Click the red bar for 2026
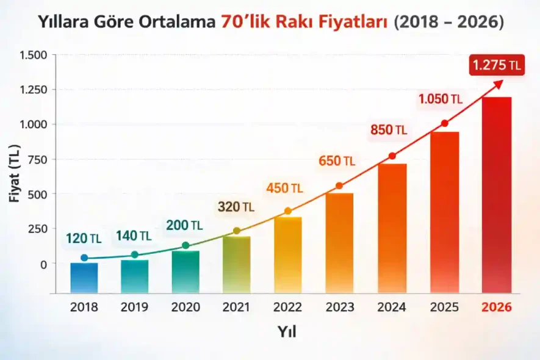pyautogui.click(x=497, y=195)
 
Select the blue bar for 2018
pyautogui.click(x=84, y=278)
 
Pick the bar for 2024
pyautogui.click(x=392, y=229)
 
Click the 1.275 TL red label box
pyautogui.click(x=496, y=66)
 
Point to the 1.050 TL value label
pyautogui.click(x=440, y=98)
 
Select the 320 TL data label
pyautogui.click(x=236, y=207)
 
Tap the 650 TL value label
pyautogui.click(x=336, y=161)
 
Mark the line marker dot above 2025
pyautogui.click(x=444, y=123)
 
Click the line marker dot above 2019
pyautogui.click(x=135, y=254)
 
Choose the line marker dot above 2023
pyautogui.click(x=339, y=185)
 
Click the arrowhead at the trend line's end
pyautogui.click(x=500, y=84)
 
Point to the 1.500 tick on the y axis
pyautogui.click(x=34, y=55)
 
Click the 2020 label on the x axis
pyautogui.click(x=185, y=307)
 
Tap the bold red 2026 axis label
pyautogui.click(x=497, y=307)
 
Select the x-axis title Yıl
pyautogui.click(x=287, y=332)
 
